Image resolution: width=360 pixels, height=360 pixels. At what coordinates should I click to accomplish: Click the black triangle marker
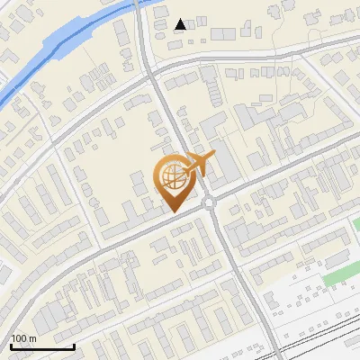(181, 24)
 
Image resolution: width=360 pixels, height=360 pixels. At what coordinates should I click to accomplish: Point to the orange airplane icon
(199, 164)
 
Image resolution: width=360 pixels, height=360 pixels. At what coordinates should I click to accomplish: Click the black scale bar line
(42, 346)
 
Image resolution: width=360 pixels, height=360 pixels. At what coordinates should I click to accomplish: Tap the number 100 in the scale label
(19, 338)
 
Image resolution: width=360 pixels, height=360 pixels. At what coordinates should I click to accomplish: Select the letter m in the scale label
(32, 338)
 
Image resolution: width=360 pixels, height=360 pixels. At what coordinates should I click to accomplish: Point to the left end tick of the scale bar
(11, 345)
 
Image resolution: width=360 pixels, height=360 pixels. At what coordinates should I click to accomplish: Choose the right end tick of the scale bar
(74, 345)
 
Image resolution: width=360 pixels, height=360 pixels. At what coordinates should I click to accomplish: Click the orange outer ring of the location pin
(158, 176)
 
